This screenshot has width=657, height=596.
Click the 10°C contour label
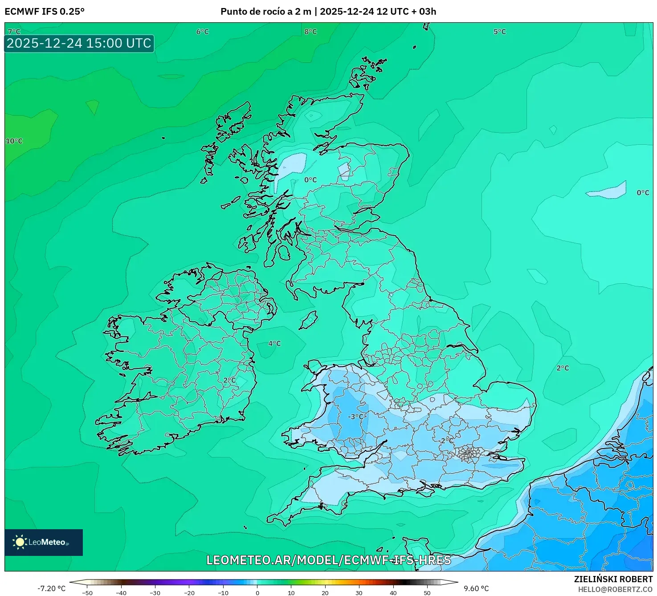point(14,141)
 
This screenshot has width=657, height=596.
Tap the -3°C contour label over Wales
point(356,417)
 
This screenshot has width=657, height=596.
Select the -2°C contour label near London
point(446,441)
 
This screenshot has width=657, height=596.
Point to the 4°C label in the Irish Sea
point(274,343)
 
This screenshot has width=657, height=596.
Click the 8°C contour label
point(310,32)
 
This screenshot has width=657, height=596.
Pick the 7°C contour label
point(14,32)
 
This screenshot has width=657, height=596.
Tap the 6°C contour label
point(202,32)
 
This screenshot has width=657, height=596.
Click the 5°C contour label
point(499,32)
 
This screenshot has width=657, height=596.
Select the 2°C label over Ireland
point(229,380)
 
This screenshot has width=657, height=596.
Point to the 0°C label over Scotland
point(310,180)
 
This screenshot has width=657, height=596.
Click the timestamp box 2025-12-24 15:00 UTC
point(79,43)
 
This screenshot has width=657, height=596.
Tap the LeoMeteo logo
point(44,542)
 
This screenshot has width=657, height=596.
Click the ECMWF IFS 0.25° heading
point(45,12)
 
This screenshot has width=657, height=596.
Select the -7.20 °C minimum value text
point(51,588)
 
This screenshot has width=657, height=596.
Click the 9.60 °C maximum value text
point(476,588)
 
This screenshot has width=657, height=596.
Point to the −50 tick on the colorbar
point(88,593)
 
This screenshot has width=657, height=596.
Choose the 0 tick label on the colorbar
point(257,593)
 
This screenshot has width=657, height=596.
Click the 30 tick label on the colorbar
point(359,593)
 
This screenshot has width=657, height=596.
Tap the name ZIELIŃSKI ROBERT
point(613,579)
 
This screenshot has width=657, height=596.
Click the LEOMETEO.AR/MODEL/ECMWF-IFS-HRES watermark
point(329,560)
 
